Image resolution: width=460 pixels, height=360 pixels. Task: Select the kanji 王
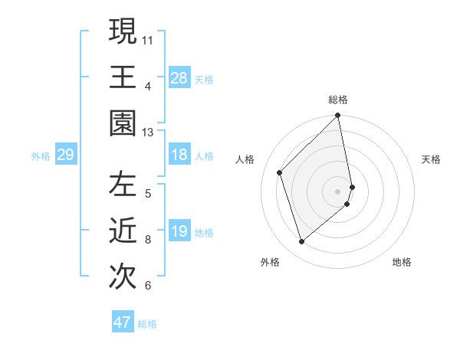123,77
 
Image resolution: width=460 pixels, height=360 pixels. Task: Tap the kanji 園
123,123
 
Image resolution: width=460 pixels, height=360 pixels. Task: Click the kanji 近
123,231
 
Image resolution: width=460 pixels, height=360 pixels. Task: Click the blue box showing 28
179,77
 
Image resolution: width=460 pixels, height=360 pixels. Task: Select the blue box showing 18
179,155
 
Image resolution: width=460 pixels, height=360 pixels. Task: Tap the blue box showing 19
179,231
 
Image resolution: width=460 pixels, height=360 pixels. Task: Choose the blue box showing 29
65,155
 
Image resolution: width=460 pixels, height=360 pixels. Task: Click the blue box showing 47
123,322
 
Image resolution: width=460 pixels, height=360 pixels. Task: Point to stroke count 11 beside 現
148,39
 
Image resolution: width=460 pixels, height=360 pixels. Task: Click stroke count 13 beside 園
148,133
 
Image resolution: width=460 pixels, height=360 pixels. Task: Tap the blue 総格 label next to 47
147,324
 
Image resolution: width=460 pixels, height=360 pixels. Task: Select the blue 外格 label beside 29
41,156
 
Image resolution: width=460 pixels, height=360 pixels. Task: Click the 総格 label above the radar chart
338,100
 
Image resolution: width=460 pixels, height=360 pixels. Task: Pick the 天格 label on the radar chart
431,159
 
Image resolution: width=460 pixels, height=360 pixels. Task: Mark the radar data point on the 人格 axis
280,172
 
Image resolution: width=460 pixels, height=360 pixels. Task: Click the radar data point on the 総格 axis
338,116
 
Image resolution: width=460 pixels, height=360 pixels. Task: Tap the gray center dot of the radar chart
338,191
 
